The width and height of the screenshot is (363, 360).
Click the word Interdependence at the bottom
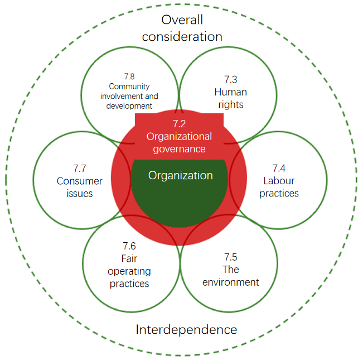(186, 329)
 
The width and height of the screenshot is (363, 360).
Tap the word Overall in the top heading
(182, 20)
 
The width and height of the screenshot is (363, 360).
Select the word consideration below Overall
(182, 37)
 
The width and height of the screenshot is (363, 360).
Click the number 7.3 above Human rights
(231, 79)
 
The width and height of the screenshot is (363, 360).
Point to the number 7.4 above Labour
(279, 168)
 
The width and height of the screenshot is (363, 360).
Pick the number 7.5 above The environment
(231, 257)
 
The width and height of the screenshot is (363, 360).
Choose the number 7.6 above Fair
(129, 246)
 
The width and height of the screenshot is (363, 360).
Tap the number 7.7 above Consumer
(79, 169)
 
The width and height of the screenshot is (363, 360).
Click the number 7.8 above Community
(129, 76)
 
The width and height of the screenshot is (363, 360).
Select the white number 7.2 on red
(179, 124)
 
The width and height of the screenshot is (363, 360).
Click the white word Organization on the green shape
(180, 175)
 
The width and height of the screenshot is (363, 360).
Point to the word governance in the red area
(179, 150)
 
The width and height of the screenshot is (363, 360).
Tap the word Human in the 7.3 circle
(231, 92)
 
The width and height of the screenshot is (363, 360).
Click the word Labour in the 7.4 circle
(279, 181)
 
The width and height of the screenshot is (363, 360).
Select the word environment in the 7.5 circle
(231, 282)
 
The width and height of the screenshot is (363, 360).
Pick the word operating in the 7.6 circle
(129, 271)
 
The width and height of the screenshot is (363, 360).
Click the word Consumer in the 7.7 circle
(79, 181)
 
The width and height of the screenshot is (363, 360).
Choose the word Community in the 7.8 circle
(129, 87)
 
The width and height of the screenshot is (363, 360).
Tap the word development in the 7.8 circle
(129, 106)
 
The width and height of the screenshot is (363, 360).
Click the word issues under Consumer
(79, 194)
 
